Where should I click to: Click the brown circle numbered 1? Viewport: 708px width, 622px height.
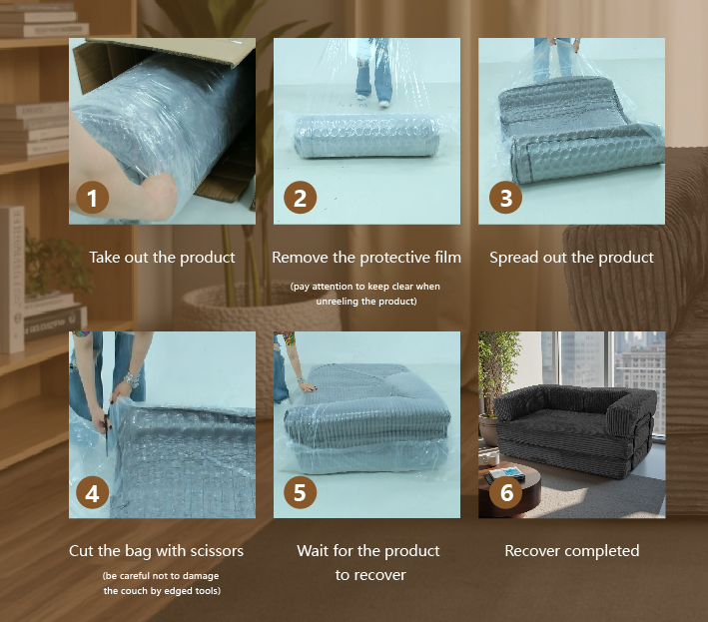coord(92,198)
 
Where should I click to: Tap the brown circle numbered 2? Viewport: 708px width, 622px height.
coord(300,198)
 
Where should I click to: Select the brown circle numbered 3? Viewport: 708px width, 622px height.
coord(505,198)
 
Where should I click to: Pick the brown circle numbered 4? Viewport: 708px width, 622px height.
coord(92,492)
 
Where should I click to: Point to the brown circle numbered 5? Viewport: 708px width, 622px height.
coord(300,492)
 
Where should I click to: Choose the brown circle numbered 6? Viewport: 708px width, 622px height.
coord(505,492)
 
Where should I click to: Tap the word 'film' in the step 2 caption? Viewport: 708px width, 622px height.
coord(447,258)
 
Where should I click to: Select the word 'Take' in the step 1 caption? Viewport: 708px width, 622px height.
coord(104,258)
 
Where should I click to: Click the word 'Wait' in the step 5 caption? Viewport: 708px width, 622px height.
coord(312,551)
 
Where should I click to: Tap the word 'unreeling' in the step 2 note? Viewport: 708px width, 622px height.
coord(335,302)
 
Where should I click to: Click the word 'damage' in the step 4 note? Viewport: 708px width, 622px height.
coord(202,576)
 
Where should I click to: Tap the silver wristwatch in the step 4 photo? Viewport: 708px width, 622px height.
coord(131,379)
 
